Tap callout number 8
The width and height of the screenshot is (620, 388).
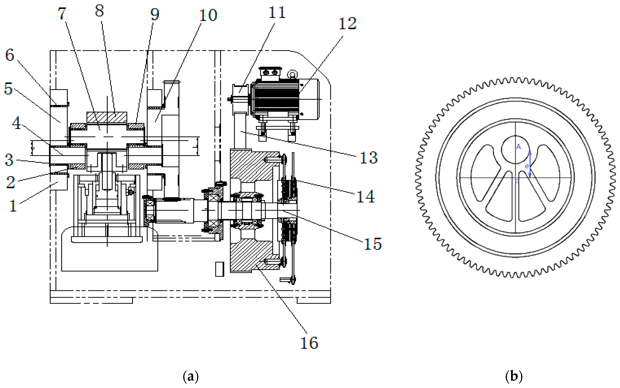click(x=99, y=11)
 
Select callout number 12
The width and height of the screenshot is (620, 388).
click(x=347, y=24)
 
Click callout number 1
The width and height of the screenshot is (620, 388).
click(x=13, y=206)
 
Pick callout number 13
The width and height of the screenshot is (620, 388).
click(x=368, y=158)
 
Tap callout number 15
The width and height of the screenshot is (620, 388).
click(x=372, y=244)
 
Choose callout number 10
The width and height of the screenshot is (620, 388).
click(x=208, y=15)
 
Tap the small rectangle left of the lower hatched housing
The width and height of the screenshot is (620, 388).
click(x=219, y=269)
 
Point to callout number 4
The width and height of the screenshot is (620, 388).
click(x=16, y=123)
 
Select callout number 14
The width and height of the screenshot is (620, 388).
click(x=366, y=197)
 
